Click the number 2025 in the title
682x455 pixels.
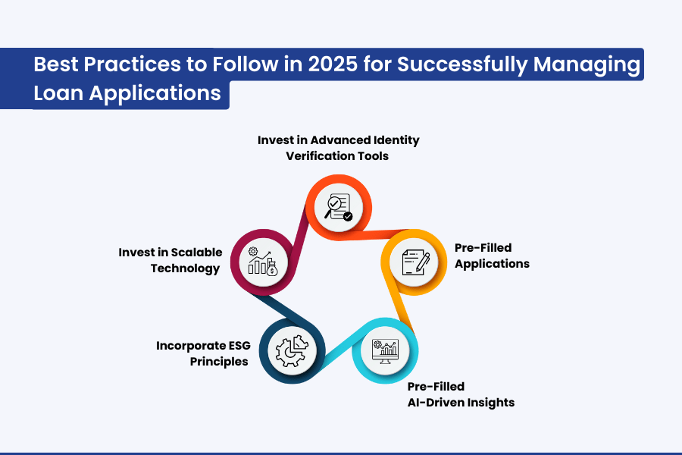point(333,64)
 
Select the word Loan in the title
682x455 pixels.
point(58,93)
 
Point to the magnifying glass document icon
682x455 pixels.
point(339,207)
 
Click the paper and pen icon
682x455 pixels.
point(415,262)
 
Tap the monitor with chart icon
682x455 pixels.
point(386,351)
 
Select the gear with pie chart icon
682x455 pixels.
point(292,351)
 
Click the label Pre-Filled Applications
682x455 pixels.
point(492,256)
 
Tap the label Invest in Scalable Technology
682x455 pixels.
point(170,260)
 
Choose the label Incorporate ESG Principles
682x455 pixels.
point(204,353)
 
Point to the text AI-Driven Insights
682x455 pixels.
point(461,403)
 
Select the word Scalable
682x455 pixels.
point(196,253)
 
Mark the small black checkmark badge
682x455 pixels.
point(348,216)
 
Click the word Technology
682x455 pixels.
point(186,268)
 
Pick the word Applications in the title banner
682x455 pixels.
point(155,94)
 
